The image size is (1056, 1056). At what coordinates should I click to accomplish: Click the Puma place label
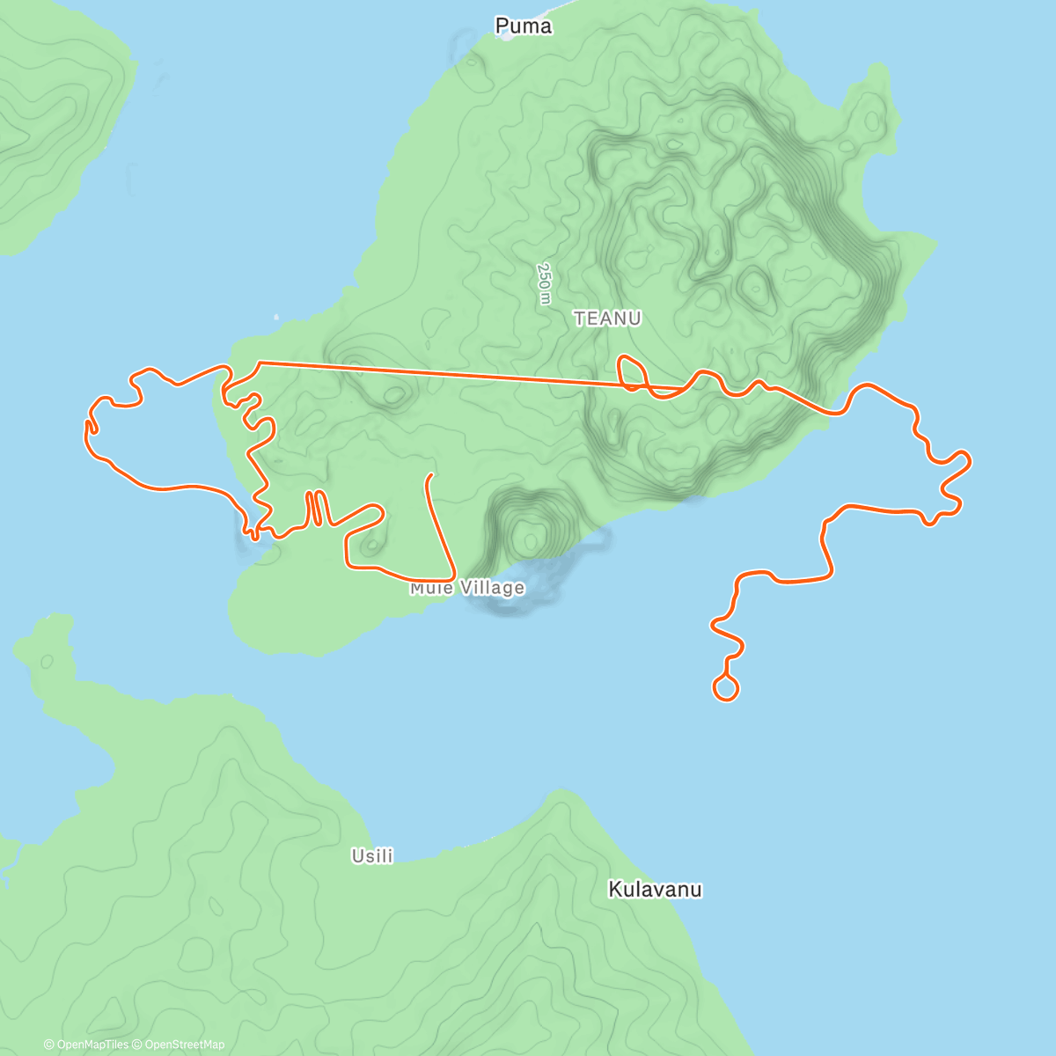click(x=524, y=26)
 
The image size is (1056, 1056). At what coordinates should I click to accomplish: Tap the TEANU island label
click(x=607, y=319)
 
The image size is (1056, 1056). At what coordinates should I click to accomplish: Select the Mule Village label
click(x=467, y=588)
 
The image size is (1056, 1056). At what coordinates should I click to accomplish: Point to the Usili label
click(x=372, y=855)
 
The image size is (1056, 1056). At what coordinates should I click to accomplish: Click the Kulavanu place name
click(x=655, y=890)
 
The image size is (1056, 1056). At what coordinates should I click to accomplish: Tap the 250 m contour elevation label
click(x=544, y=283)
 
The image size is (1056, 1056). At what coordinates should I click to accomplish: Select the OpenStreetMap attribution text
click(x=184, y=1045)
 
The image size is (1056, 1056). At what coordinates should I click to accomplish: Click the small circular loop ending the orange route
click(x=725, y=688)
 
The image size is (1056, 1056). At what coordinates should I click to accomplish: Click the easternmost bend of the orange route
click(x=969, y=459)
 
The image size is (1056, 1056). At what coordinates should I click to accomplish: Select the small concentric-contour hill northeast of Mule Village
click(x=529, y=533)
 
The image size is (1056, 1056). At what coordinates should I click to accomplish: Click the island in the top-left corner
click(x=53, y=123)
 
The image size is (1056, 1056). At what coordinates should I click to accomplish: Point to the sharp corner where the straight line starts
click(x=259, y=363)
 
